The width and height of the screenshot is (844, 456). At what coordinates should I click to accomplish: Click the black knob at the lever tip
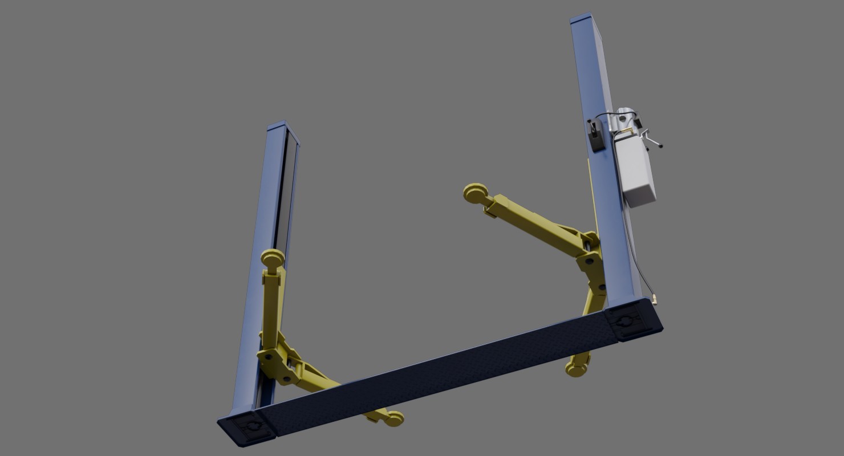point(660,146)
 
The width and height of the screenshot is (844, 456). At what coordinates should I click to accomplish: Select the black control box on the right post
point(595,137)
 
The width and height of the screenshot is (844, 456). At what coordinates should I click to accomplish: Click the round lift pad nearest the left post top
point(273,258)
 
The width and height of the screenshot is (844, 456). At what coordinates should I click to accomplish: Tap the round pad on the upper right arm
point(475,193)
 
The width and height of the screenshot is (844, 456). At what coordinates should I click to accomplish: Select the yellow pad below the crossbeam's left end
point(393,420)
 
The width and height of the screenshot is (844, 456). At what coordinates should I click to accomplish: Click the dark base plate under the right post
point(632,322)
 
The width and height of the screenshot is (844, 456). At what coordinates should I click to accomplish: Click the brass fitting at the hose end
point(655,298)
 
